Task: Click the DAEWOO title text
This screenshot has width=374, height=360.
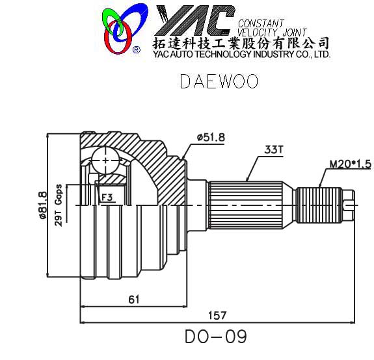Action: (x=219, y=82)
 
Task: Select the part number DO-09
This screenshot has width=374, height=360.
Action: (x=216, y=337)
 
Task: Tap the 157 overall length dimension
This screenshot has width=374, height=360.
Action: (x=217, y=315)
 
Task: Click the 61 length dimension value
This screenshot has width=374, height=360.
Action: (x=133, y=299)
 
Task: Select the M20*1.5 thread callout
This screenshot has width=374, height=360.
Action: (x=349, y=163)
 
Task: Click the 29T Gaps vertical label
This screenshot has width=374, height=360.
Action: (x=59, y=203)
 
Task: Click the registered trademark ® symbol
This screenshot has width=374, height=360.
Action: (x=136, y=49)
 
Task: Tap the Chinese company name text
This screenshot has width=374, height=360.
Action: (x=240, y=44)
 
